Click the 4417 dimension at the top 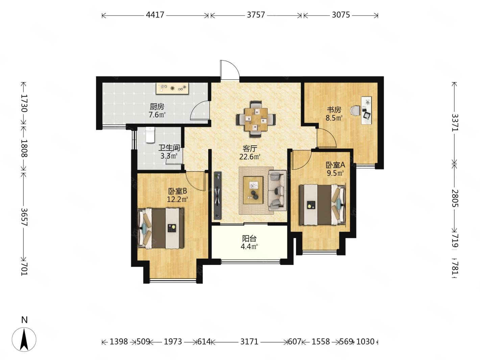(155, 15)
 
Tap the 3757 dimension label (256, 15)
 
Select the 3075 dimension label (341, 15)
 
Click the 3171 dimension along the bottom (249, 341)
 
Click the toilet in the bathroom (150, 135)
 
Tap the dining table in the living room (256, 119)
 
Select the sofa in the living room (277, 190)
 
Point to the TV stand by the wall (218, 195)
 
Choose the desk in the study (366, 111)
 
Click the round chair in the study (355, 111)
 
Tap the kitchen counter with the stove (172, 89)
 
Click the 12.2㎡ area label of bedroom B (177, 199)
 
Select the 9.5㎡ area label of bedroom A (335, 173)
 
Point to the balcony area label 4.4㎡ (249, 246)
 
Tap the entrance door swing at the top (230, 70)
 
